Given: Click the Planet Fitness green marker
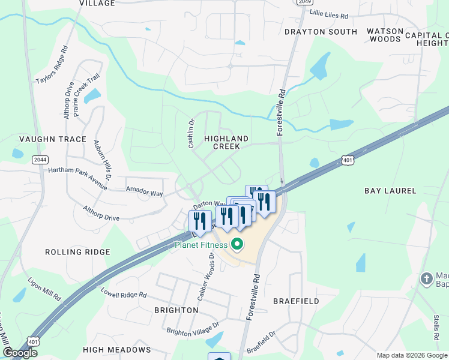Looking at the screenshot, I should pyautogui.click(x=237, y=244).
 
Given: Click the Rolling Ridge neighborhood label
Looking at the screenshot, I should pyautogui.click(x=77, y=252).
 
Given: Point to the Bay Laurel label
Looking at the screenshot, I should pyautogui.click(x=390, y=191).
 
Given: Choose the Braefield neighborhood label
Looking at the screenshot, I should pyautogui.click(x=296, y=301).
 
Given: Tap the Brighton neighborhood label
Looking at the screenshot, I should pyautogui.click(x=176, y=310).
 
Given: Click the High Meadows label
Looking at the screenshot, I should pyautogui.click(x=116, y=350).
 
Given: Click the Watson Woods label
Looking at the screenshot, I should pyautogui.click(x=383, y=35).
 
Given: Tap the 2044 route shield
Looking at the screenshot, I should pyautogui.click(x=40, y=159).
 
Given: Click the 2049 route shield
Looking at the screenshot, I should pyautogui.click(x=304, y=2).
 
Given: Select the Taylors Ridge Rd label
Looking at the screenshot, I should pyautogui.click(x=53, y=71).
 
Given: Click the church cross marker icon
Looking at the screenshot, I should pyautogui.click(x=426, y=279).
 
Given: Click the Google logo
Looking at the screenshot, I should pyautogui.click(x=20, y=353).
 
